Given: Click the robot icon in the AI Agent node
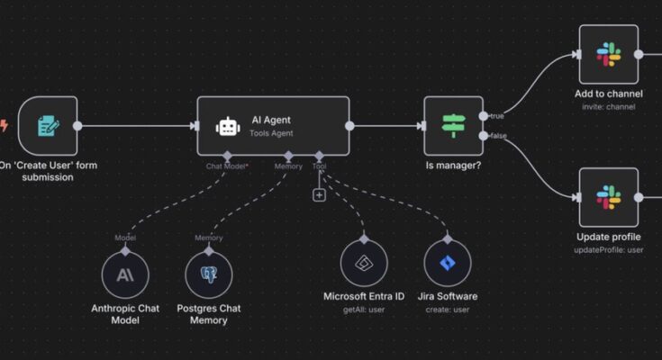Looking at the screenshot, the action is tap(228, 126).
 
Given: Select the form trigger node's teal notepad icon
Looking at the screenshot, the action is tap(48, 126).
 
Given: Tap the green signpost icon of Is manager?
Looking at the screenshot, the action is tap(453, 126).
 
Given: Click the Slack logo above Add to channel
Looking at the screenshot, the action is tap(608, 54).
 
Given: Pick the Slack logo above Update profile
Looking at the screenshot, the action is tap(608, 197).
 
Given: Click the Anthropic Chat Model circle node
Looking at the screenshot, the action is tap(125, 274).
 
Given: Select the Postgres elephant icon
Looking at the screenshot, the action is tap(209, 274).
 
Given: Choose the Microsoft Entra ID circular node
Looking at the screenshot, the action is tap(364, 263).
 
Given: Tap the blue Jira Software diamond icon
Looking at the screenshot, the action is tap(448, 263).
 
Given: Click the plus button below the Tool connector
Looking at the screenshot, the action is tap(319, 195).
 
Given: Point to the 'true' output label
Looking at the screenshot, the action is tap(497, 115).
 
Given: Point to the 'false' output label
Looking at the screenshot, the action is tap(499, 136).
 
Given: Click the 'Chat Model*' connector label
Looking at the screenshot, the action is tap(227, 166).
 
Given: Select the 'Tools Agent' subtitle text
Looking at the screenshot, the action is tap(271, 133).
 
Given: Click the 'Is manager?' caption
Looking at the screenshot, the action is tap(453, 166).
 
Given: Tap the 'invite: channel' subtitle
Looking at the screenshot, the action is tap(608, 107).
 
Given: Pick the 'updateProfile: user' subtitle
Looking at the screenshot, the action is tap(608, 250).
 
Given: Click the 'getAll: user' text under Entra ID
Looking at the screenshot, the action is tap(364, 310).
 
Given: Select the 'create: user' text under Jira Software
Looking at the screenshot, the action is tap(448, 310).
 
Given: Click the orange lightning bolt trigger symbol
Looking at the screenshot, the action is tap(4, 125).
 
